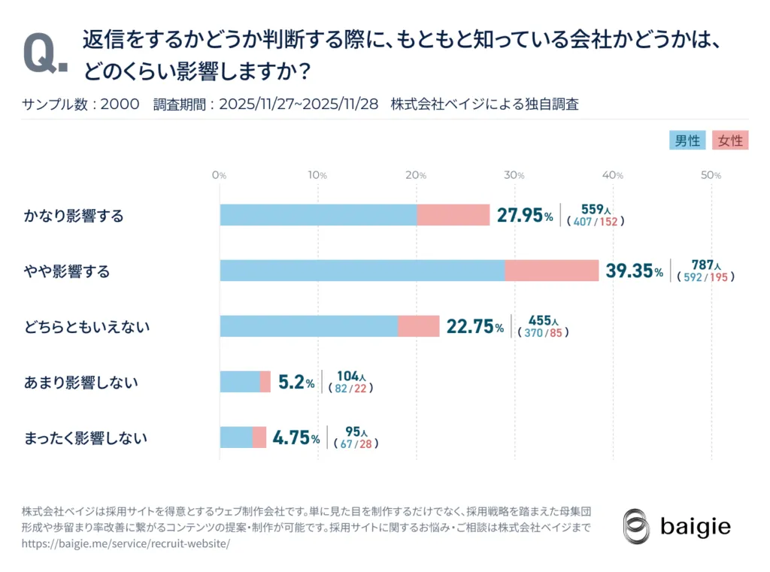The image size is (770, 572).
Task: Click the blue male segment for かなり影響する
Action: point(318,216)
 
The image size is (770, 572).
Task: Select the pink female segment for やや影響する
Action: point(552,271)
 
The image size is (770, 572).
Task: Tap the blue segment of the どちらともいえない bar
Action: point(308,326)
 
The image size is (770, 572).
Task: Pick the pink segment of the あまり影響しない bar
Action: point(265,382)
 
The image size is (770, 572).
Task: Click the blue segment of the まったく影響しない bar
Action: point(236,437)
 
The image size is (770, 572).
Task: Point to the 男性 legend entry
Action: point(687,141)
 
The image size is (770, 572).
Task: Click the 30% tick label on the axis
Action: point(514,175)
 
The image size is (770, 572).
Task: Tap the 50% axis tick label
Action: point(711,175)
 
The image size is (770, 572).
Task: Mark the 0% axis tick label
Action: point(219,175)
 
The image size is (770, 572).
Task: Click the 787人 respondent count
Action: point(706,265)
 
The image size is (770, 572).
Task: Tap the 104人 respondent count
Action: point(351,375)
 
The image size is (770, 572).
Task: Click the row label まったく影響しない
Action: point(85,438)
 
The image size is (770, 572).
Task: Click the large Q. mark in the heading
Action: point(46,54)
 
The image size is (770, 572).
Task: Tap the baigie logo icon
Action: point(636,525)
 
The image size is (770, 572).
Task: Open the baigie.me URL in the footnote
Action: point(126,543)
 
